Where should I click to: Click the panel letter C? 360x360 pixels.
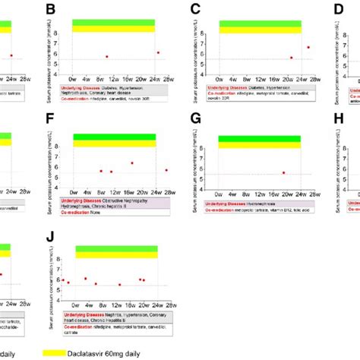(195, 10)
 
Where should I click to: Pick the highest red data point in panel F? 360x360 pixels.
(132, 163)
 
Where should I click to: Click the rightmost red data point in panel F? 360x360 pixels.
(166, 169)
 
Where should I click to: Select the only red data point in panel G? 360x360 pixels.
(283, 172)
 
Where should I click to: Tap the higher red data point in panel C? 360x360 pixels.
(308, 47)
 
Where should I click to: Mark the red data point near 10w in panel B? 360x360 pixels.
(107, 56)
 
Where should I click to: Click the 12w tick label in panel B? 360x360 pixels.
(113, 77)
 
